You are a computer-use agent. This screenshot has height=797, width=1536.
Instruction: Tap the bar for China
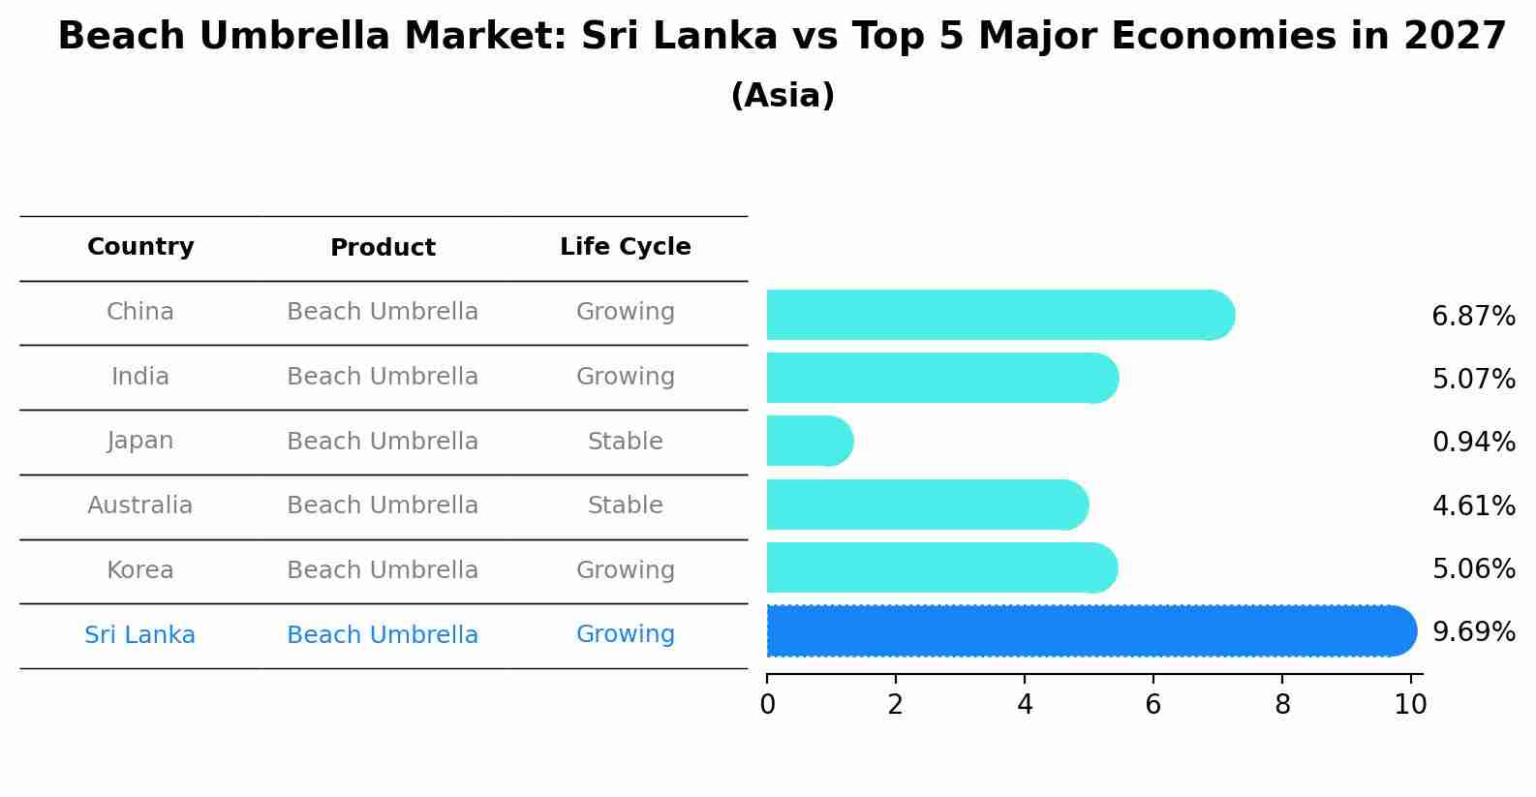998,316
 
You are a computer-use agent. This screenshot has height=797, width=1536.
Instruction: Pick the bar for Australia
925,506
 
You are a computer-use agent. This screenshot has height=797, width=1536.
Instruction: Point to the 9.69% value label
1473,632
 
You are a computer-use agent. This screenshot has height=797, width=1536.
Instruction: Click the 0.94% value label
1473,443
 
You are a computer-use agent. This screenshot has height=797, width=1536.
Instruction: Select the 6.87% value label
1473,317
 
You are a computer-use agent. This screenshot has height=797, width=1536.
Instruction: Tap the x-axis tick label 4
1025,705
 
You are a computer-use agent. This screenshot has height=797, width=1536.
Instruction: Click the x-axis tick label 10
1410,705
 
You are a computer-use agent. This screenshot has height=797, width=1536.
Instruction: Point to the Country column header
140,247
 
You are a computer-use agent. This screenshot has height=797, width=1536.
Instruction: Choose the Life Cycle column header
625,247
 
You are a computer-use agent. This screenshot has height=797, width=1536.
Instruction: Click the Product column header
383,248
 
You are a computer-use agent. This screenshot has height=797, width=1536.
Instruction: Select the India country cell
140,377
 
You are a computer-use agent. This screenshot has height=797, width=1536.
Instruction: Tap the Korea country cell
140,570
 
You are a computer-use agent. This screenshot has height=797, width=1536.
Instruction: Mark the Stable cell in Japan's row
625,442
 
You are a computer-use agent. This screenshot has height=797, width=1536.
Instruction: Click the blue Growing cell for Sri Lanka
625,634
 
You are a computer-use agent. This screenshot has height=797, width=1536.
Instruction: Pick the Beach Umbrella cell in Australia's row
383,506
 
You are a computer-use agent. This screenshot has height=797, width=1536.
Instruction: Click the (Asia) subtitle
783,96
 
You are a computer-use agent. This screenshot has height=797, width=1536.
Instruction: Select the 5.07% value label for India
1473,380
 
